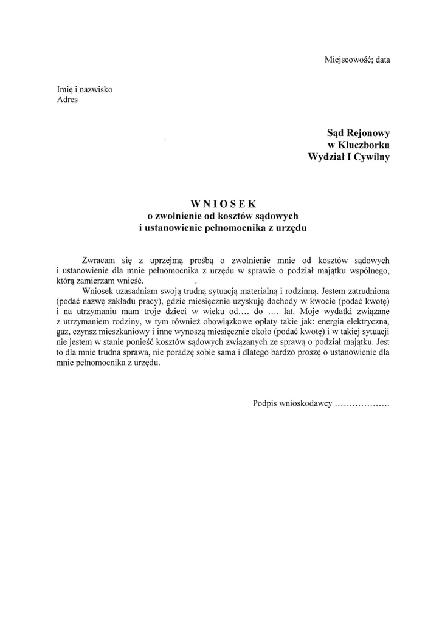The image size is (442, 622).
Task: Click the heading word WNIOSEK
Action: [221, 203]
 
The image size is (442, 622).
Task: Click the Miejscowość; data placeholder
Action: [357, 60]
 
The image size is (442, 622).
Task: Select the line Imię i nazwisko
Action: [80, 90]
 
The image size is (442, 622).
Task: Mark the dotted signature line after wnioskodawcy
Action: [362, 403]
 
